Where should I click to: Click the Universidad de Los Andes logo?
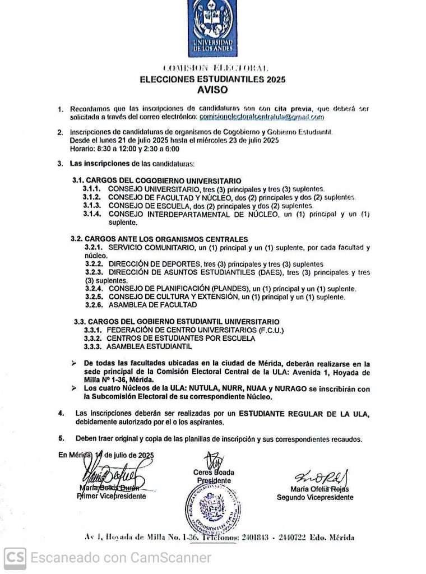(213, 28)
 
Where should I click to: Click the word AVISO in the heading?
(213, 89)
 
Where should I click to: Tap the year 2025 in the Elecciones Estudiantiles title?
(276, 80)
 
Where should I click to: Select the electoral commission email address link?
(262, 117)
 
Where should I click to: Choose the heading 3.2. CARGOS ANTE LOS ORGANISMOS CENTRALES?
(159, 239)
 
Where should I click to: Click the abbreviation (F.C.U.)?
(271, 331)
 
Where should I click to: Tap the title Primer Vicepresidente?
(111, 496)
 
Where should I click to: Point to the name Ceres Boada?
(214, 473)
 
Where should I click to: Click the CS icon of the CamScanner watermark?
(15, 558)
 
